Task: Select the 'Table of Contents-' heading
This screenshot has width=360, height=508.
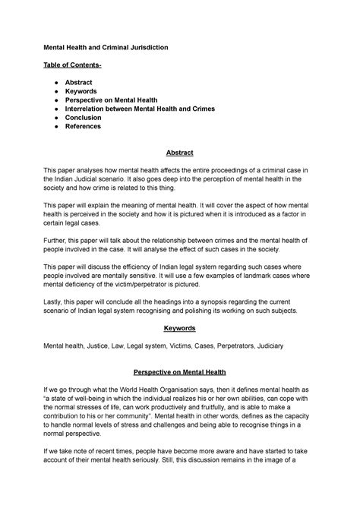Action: [x=74, y=67]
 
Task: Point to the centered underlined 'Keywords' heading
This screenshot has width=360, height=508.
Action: [x=180, y=328]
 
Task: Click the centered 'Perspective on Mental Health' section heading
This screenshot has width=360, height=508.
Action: [x=180, y=374]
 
